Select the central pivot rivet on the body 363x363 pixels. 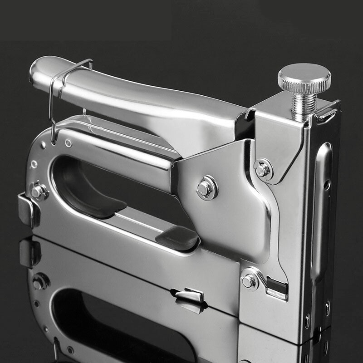pyautogui.click(x=206, y=188)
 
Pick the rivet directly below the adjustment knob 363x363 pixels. pyautogui.click(x=263, y=169)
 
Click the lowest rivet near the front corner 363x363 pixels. pyautogui.click(x=249, y=281)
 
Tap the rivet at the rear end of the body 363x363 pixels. pyautogui.click(x=38, y=191)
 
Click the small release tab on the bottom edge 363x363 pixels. pyautogui.click(x=190, y=295)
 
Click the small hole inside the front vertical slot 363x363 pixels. pyautogui.click(x=327, y=185)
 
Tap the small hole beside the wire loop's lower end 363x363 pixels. pyautogui.click(x=68, y=143)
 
